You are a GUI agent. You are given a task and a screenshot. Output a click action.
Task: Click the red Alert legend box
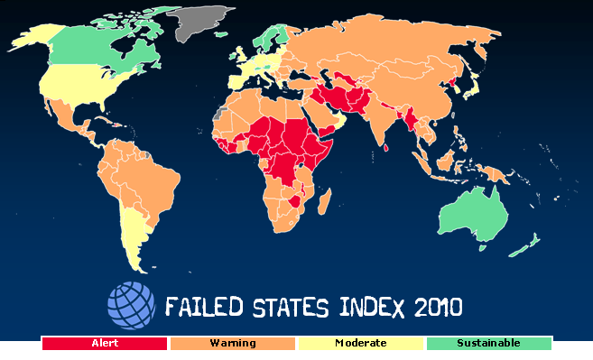click(x=105, y=343)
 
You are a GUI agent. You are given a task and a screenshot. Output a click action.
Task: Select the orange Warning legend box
click(x=233, y=343)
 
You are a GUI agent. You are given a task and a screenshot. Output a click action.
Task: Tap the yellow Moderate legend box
click(x=360, y=343)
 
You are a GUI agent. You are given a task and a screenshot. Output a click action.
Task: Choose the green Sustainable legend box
click(x=488, y=343)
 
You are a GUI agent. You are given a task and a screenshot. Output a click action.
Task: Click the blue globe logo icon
click(x=132, y=306)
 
